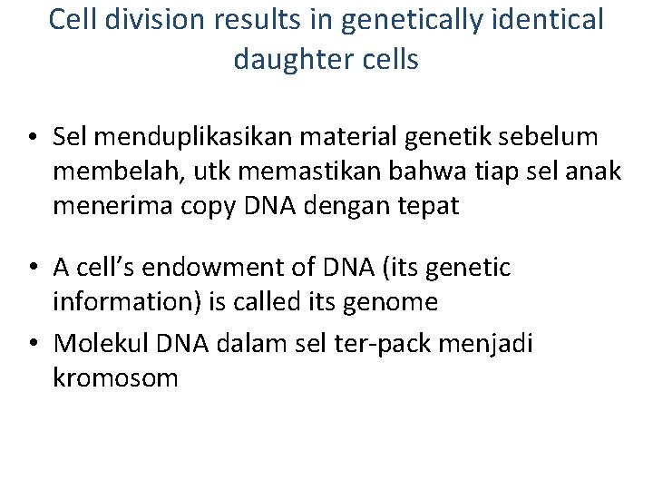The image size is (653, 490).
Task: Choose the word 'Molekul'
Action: point(102,343)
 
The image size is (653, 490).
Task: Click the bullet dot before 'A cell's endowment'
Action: point(32,269)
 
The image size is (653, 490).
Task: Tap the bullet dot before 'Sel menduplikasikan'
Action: point(32,138)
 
